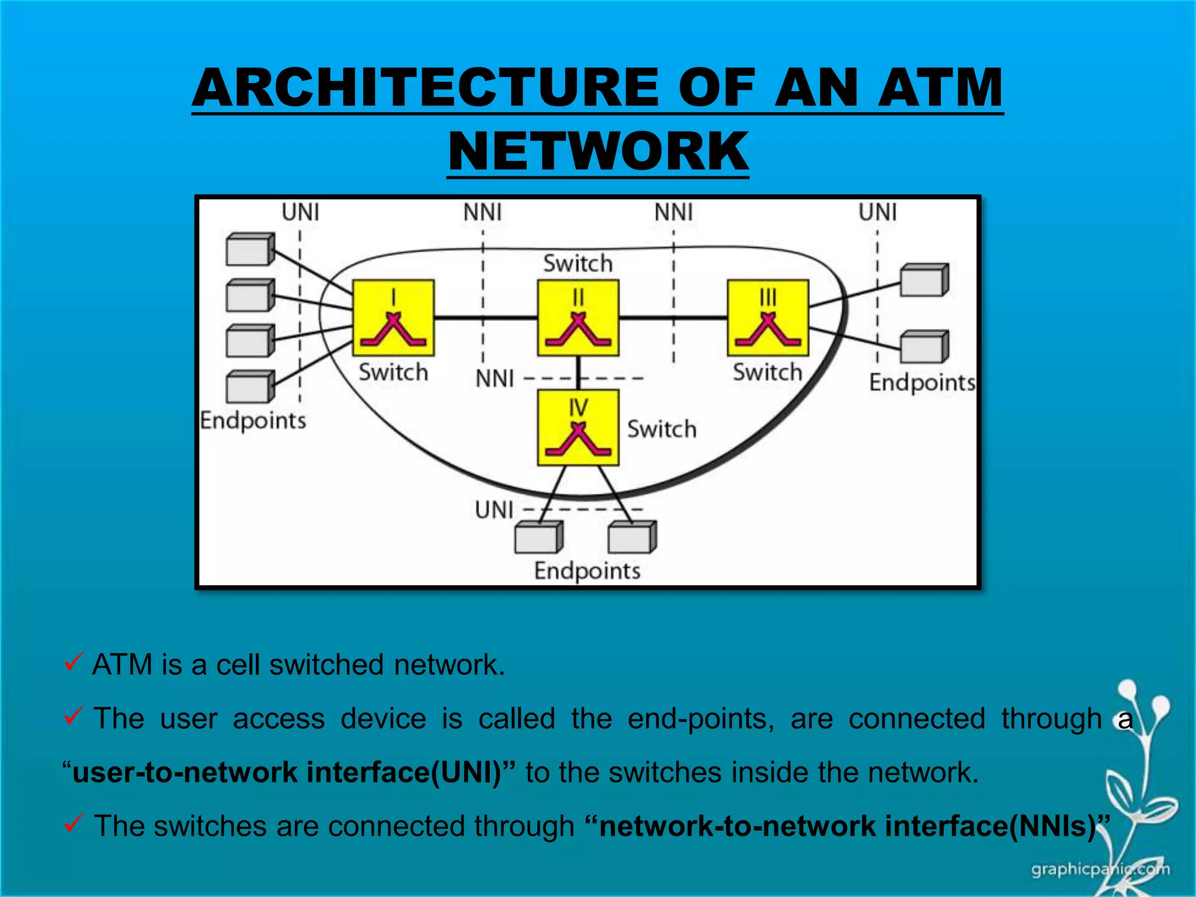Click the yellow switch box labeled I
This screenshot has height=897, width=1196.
393,318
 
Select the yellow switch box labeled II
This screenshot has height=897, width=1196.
578,318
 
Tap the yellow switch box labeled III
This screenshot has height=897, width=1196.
768,318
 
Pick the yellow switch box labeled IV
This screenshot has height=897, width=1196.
578,427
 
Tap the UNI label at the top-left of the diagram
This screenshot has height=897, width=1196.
300,212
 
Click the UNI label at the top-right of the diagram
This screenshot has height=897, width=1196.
877,212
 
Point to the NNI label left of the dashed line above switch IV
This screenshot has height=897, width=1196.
495,379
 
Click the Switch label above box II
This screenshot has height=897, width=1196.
578,263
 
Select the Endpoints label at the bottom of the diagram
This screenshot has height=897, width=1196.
587,571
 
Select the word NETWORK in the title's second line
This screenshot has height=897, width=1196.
598,151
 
